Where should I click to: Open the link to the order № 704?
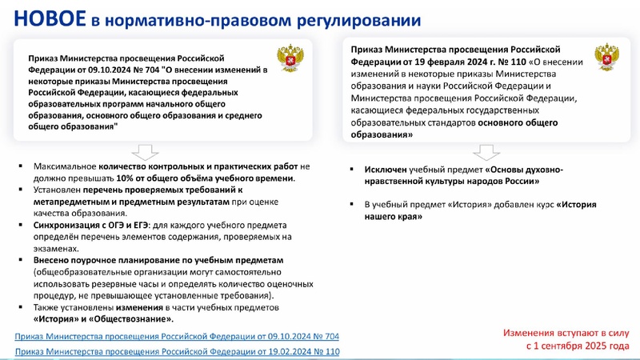tap(177, 336)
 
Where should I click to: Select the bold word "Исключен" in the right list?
tap(387, 170)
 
